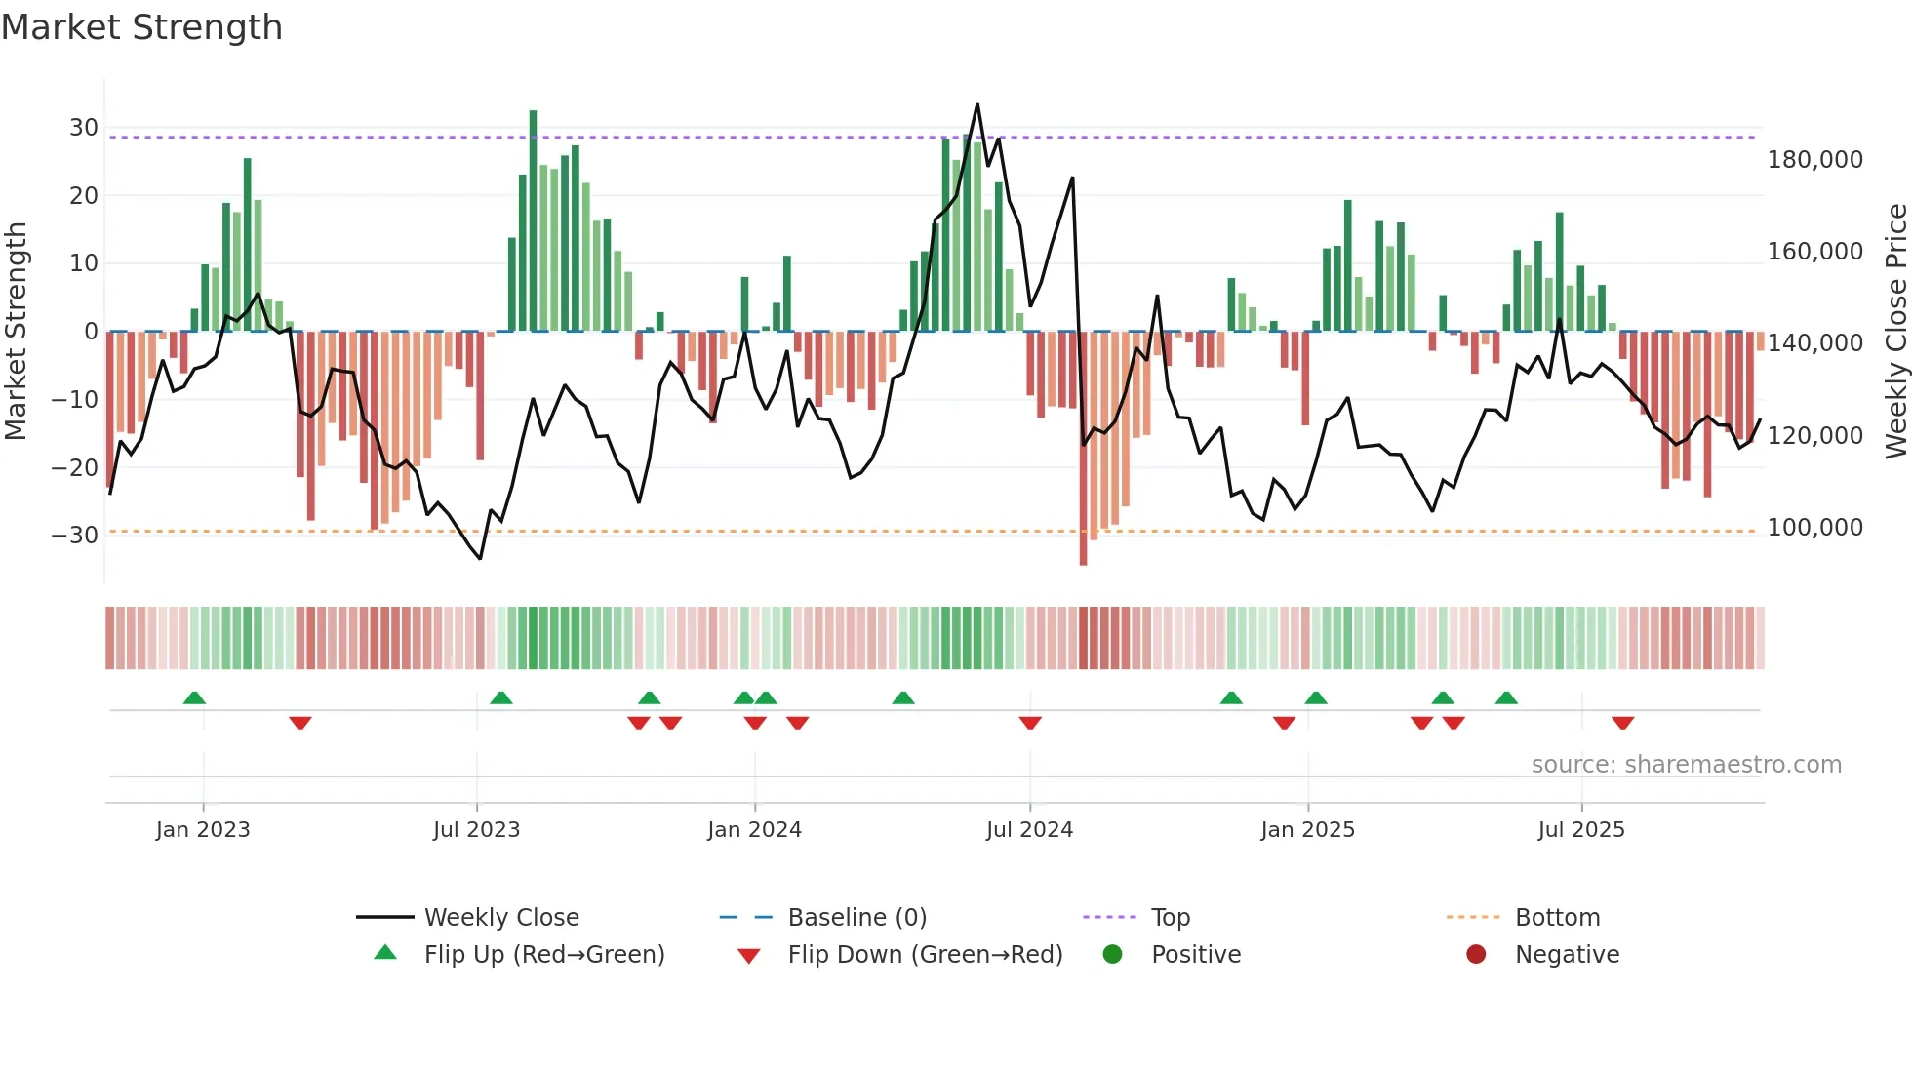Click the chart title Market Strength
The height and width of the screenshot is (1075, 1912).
(141, 26)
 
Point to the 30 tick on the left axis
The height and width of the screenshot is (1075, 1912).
(83, 128)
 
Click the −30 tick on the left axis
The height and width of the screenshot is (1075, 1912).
(75, 535)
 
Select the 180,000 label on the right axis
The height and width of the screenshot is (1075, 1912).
(1814, 160)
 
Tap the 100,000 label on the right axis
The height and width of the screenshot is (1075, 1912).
(1814, 528)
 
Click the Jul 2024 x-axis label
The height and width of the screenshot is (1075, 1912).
(1029, 830)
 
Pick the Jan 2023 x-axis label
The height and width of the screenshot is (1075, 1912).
(203, 830)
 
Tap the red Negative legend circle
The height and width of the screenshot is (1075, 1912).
(1476, 954)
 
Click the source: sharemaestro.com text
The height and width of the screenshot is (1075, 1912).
(1686, 765)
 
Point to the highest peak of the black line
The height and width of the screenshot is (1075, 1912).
(977, 105)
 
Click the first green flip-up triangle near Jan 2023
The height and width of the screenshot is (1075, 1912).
(194, 698)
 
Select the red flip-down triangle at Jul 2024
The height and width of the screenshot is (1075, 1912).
(1030, 723)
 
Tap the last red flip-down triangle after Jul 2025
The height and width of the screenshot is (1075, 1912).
(1622, 723)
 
